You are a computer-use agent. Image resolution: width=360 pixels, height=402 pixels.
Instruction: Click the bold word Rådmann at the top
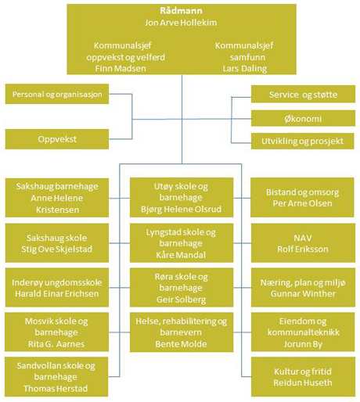point(181,11)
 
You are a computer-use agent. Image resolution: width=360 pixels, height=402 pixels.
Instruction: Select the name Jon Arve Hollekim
point(181,23)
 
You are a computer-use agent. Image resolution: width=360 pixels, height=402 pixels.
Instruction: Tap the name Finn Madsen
point(121,69)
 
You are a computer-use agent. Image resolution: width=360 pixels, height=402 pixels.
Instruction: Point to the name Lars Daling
point(245,69)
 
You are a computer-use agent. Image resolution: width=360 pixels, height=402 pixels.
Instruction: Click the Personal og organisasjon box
point(57,94)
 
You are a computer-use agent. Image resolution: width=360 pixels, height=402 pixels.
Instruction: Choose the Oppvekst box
point(57,139)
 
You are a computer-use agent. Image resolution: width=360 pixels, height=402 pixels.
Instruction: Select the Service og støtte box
point(303,94)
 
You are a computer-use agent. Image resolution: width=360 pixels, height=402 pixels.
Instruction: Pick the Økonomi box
point(303,118)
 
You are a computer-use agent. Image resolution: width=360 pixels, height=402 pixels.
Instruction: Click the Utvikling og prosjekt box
point(303,141)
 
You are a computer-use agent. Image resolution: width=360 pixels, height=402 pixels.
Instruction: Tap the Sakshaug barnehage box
point(57,198)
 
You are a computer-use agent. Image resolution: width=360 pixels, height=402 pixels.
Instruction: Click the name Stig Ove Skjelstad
point(57,249)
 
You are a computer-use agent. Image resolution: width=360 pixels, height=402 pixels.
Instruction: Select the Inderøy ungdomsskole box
point(57,288)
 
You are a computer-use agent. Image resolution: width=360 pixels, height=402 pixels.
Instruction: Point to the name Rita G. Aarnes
point(56,344)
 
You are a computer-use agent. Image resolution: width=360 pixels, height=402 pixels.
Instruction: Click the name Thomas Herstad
point(56,389)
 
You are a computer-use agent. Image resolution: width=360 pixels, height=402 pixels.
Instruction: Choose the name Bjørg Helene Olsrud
point(181,209)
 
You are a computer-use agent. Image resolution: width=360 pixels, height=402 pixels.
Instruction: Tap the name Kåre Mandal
point(181,255)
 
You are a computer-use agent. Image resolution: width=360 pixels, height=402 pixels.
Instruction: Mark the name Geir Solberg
point(181,300)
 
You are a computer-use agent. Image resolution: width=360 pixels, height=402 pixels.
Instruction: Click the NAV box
point(303,243)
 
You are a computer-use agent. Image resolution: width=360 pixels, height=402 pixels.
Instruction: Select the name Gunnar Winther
point(303,294)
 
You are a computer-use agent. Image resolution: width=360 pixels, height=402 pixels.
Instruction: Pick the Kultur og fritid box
point(303,377)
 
